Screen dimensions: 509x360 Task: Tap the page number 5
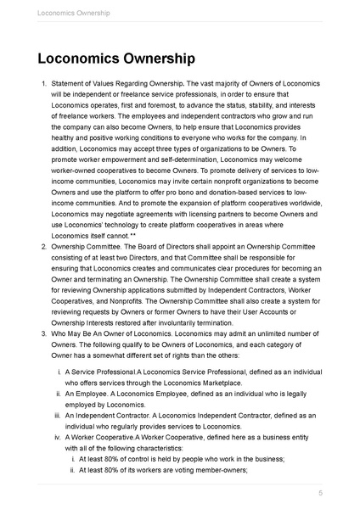coord(320,493)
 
